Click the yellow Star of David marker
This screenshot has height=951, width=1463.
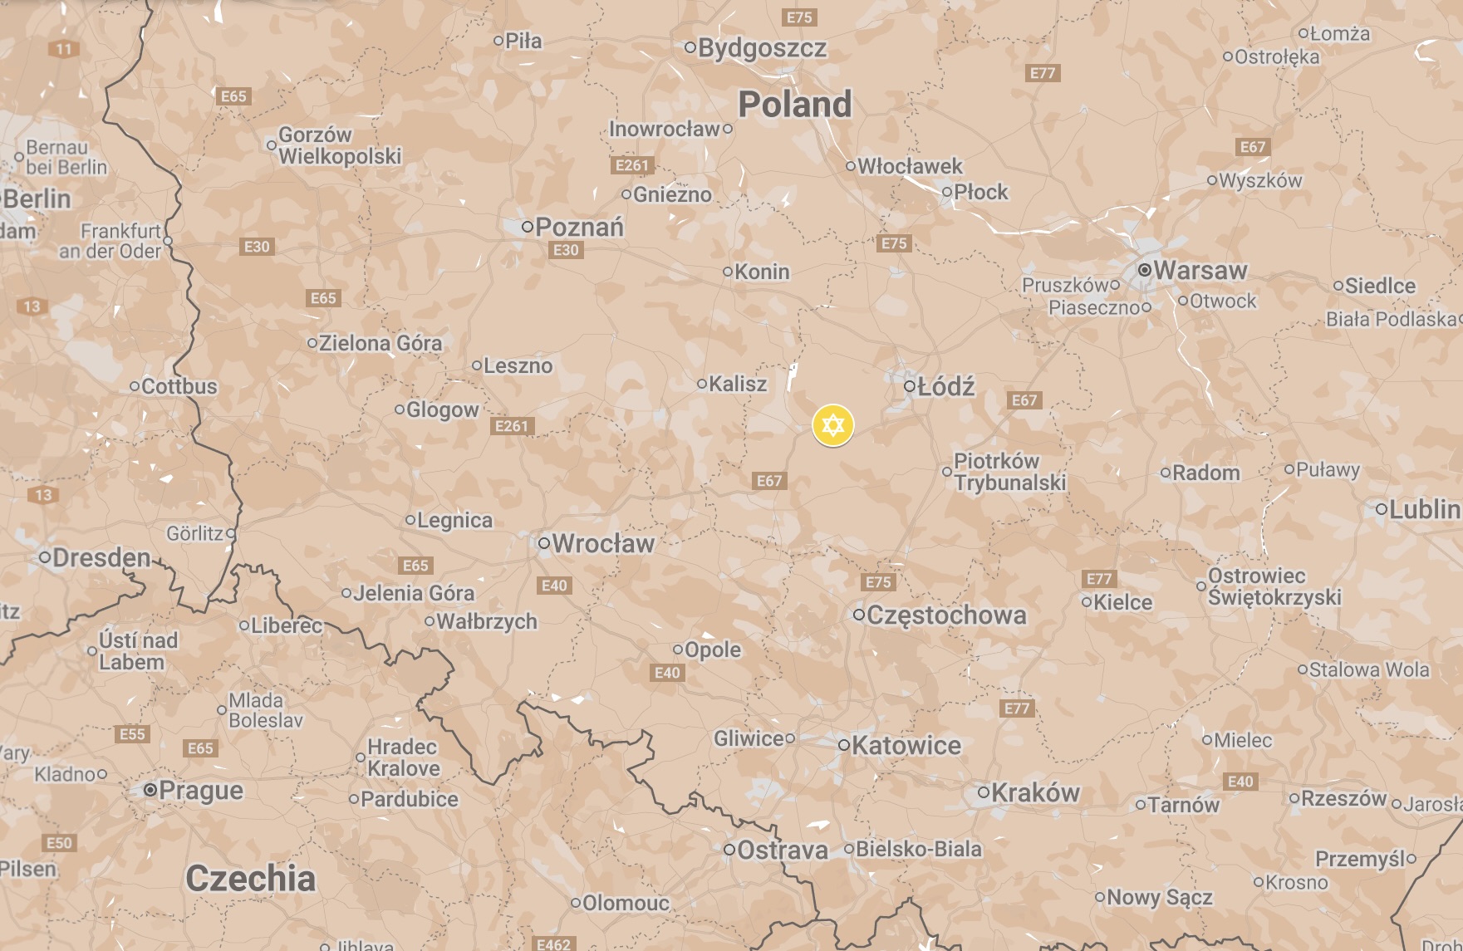832,426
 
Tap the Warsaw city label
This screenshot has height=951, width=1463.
1200,270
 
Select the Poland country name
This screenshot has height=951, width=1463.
795,105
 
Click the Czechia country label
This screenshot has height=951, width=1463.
250,878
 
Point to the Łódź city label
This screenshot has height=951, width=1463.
945,386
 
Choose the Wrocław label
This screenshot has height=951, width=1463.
602,544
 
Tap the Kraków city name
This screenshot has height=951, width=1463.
1035,793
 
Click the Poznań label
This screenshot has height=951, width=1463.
579,227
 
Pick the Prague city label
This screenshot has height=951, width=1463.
200,790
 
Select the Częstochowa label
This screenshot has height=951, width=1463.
946,615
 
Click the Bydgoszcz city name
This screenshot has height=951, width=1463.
762,48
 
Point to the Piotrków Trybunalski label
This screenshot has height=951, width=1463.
1009,472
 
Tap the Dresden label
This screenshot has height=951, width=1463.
101,557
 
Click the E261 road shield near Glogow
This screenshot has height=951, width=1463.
511,426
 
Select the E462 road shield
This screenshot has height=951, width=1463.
553,944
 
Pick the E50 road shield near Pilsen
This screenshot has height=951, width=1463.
59,843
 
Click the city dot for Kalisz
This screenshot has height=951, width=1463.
702,384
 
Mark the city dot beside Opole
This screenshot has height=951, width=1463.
678,650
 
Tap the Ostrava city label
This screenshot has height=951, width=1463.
783,851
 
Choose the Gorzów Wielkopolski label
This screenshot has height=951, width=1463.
339,145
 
